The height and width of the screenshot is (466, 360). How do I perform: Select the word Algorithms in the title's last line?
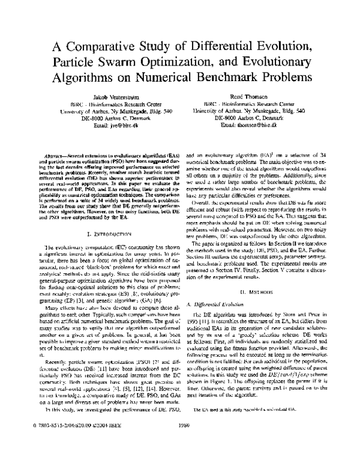91,78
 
